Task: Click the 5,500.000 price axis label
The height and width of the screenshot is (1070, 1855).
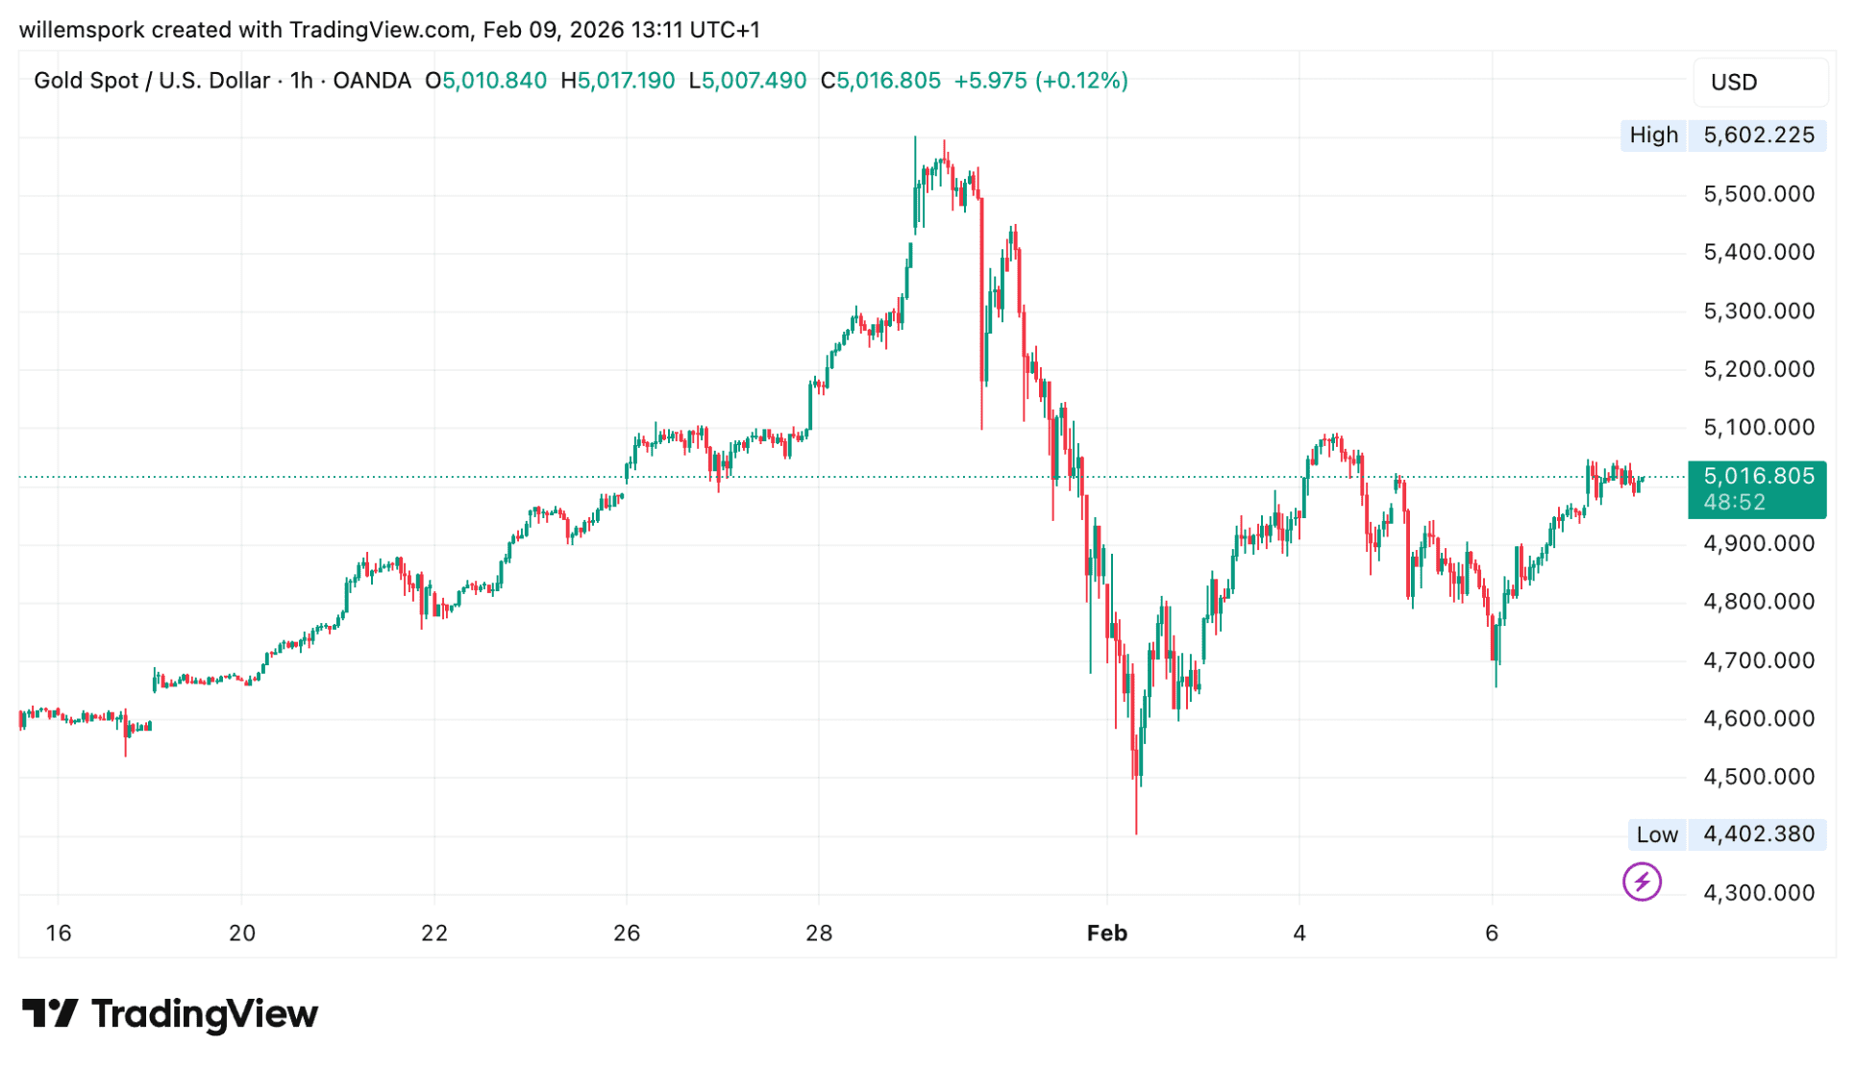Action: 1758,194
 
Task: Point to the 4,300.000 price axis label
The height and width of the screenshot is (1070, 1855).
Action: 1758,893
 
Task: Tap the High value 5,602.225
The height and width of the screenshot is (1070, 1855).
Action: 1758,136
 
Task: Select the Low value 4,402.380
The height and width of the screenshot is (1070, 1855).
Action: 1758,834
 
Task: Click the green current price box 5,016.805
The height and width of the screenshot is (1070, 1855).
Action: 1758,477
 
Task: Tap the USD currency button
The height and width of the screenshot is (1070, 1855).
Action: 1734,83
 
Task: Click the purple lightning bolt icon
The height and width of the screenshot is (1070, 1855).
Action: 1641,882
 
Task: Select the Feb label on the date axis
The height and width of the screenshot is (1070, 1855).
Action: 1106,933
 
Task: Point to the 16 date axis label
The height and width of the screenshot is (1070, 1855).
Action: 59,933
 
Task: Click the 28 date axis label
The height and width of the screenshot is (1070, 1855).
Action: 819,933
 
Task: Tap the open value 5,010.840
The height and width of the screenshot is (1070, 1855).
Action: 494,81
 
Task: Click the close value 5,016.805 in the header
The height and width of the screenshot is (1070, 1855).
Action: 888,81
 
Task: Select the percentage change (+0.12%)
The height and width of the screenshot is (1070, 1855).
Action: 1081,81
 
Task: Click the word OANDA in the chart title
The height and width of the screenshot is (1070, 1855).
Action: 372,81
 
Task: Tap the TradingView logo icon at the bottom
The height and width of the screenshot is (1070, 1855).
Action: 50,1014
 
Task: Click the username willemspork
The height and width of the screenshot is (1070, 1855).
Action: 82,30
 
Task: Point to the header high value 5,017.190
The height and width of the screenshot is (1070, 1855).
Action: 626,81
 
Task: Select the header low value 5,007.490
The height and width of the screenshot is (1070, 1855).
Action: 754,81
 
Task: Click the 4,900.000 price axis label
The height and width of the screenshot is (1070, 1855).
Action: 1758,544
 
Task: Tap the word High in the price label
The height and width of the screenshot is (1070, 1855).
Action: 1653,136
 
